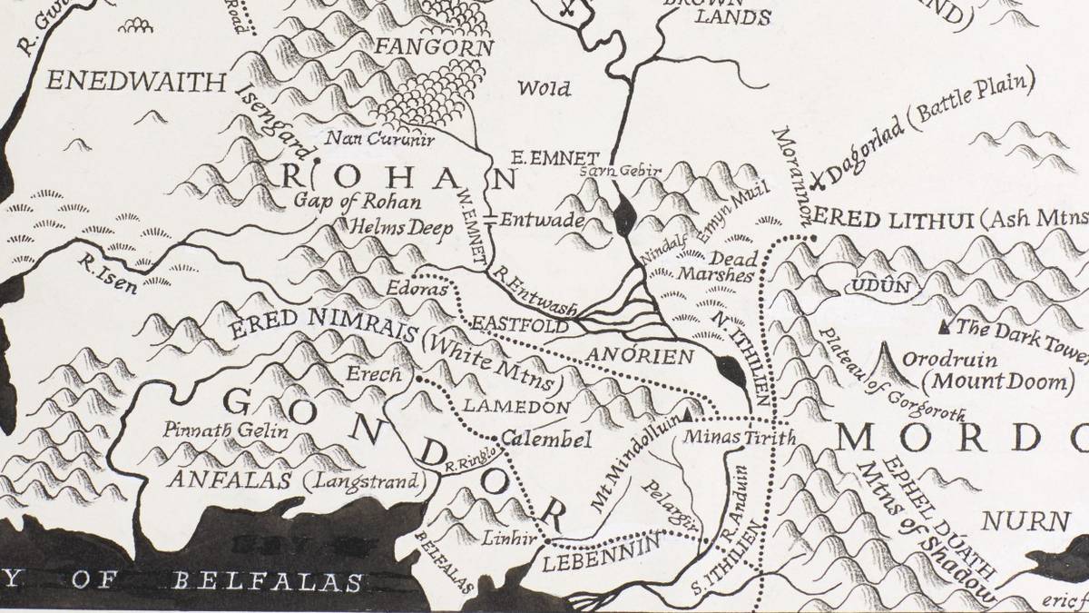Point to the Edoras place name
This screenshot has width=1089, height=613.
[417, 290]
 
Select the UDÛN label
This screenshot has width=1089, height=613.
[878, 287]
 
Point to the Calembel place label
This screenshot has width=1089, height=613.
[545, 440]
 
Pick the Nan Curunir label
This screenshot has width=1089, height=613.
[380, 140]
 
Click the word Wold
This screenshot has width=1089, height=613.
[544, 88]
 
